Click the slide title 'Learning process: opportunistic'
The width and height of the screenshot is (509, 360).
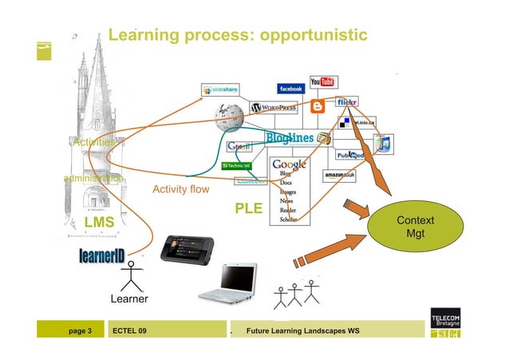(237, 35)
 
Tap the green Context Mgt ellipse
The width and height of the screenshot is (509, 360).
(415, 227)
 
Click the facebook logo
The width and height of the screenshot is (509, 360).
(290, 89)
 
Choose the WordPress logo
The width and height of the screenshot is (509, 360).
(274, 108)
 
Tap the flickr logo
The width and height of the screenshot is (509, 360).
(347, 103)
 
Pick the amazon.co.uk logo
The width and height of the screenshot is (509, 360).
(340, 175)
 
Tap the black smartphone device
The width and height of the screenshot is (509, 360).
(185, 251)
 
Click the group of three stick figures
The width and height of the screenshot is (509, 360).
(295, 295)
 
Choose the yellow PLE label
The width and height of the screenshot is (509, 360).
(248, 209)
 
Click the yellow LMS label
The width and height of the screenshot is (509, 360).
(99, 221)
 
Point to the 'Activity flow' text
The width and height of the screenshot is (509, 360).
(181, 190)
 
